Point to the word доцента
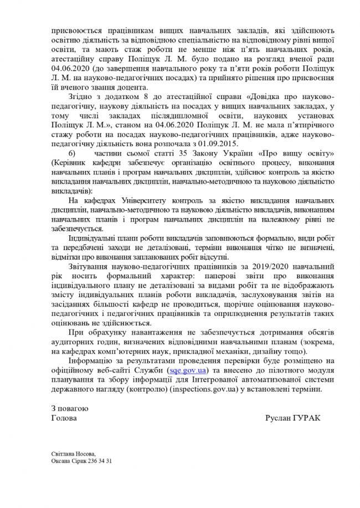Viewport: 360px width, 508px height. point(131,87)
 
